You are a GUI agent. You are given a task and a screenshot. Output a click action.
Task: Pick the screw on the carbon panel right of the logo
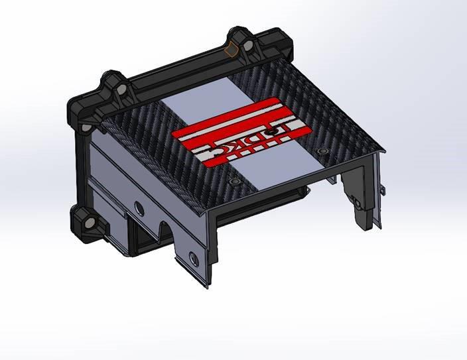click(x=322, y=152)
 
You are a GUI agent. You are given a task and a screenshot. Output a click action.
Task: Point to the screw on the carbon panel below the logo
click(x=233, y=181)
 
